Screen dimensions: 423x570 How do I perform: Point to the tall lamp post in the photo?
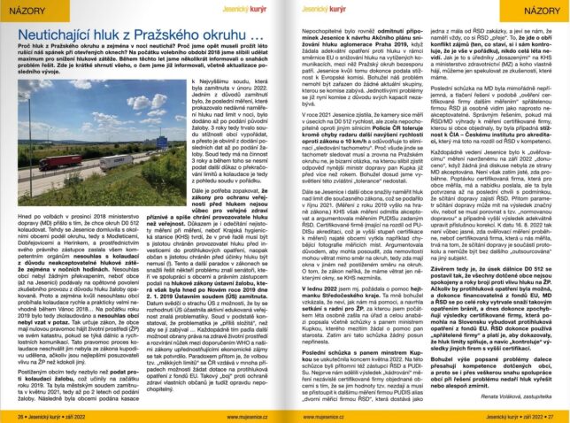[31, 133]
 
